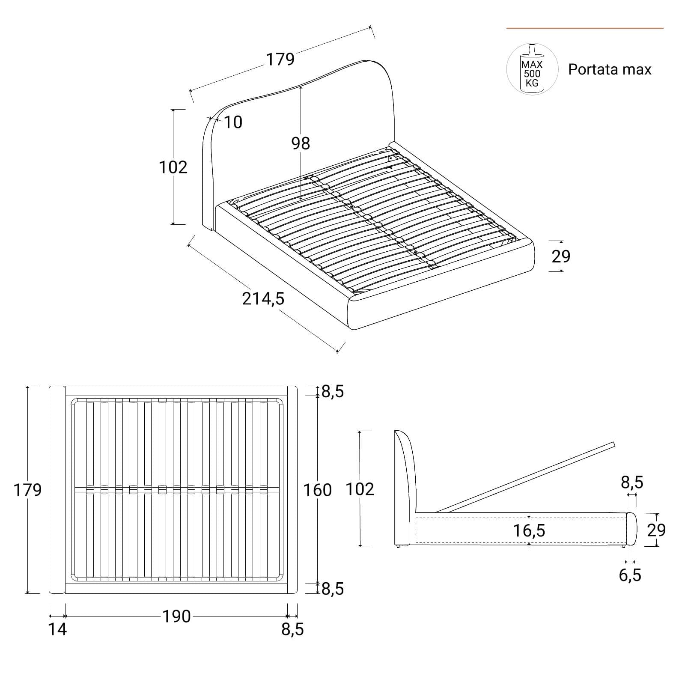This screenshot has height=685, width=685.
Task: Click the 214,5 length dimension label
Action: tap(263, 299)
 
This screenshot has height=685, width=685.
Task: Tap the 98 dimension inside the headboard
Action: tap(301, 143)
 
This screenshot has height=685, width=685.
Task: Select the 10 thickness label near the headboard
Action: tap(233, 122)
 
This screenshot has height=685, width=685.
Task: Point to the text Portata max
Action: tap(610, 69)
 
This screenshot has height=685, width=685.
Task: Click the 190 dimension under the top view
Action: tap(176, 616)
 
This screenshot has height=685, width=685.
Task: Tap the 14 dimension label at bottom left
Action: tap(57, 629)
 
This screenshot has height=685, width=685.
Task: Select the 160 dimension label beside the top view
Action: tap(318, 490)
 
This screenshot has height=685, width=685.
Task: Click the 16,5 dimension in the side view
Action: tap(529, 530)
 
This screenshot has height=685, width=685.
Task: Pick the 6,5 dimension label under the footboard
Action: tap(630, 575)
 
